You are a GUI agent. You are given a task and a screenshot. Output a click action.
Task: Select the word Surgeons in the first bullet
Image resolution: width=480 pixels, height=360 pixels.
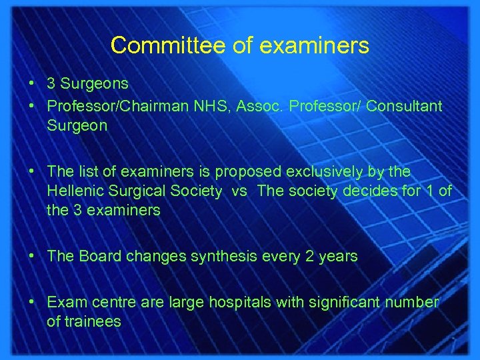(95, 85)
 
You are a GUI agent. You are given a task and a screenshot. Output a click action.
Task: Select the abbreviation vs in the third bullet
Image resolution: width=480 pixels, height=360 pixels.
(240, 191)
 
